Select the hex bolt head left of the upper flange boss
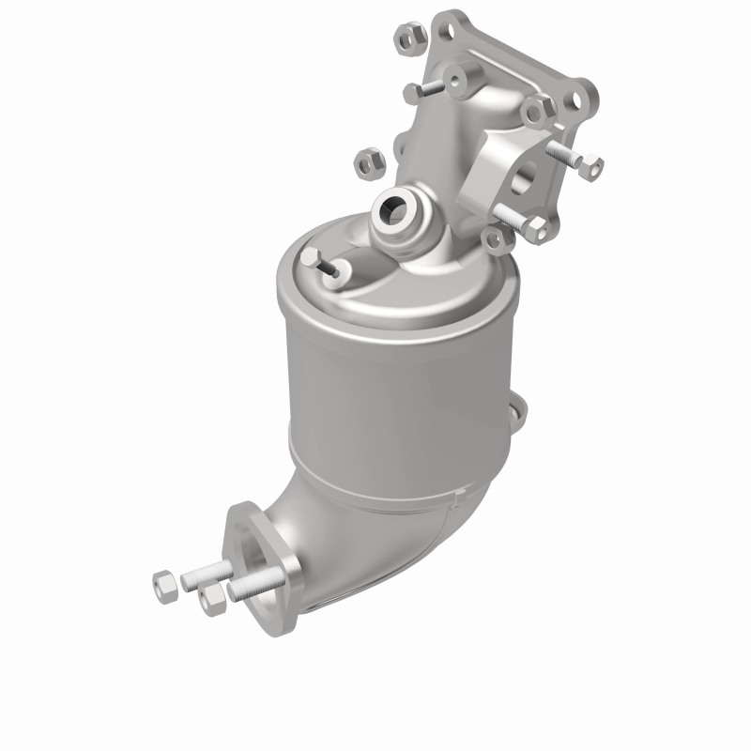(x=413, y=92)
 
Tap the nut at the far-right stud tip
(x=591, y=168)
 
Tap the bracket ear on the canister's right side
(x=513, y=418)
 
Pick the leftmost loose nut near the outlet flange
(x=164, y=584)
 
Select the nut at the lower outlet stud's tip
(x=212, y=597)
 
